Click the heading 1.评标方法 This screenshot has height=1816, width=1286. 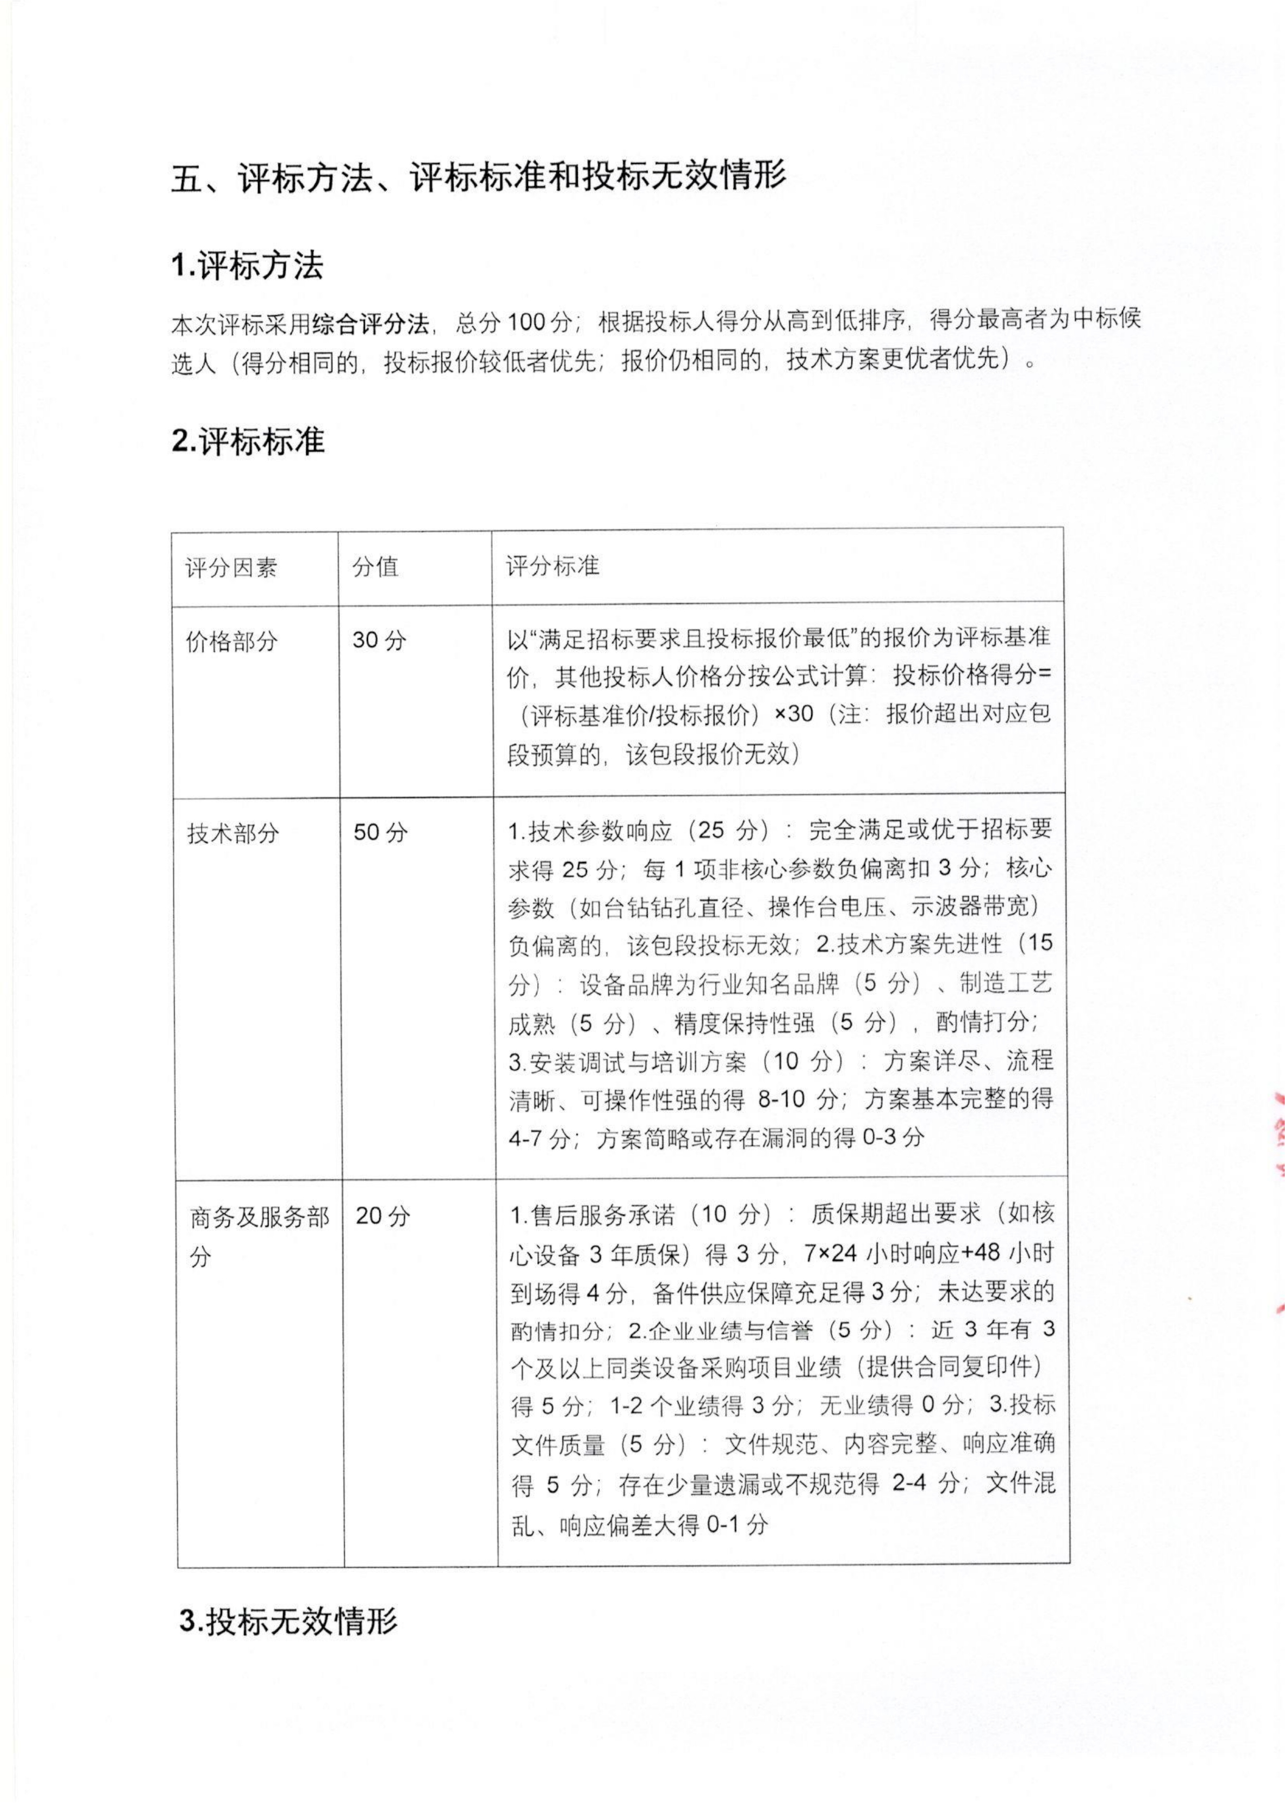247,267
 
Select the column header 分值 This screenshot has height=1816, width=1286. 375,567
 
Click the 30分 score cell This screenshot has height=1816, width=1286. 379,639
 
